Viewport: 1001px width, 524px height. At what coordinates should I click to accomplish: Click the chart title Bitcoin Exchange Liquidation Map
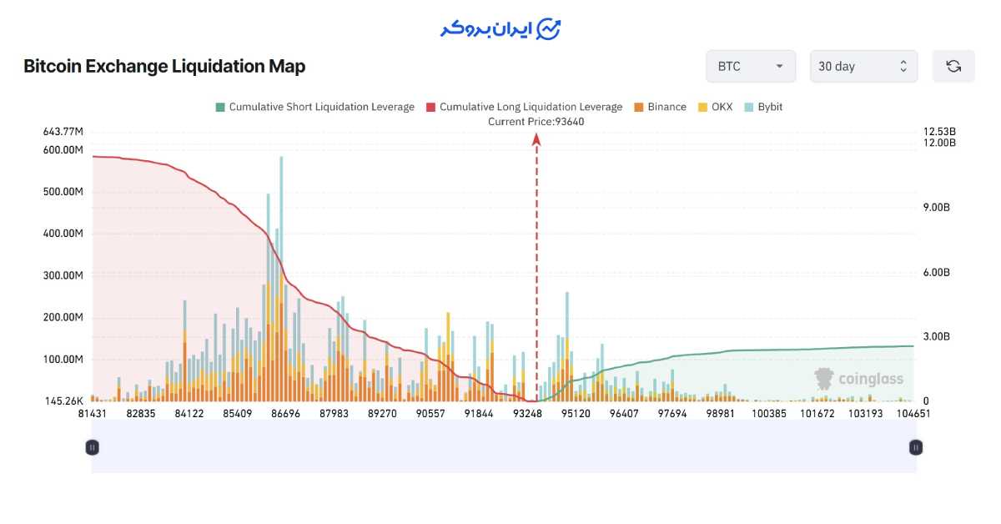click(x=164, y=67)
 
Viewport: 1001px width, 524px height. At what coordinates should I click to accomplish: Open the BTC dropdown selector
click(x=750, y=67)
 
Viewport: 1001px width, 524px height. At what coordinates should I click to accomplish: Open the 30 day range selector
click(x=863, y=67)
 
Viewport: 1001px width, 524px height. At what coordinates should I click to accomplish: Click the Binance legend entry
click(x=660, y=107)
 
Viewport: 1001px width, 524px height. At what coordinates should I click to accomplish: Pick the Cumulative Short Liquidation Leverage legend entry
click(x=314, y=107)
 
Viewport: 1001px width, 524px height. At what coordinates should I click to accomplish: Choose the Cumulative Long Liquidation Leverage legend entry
click(x=524, y=107)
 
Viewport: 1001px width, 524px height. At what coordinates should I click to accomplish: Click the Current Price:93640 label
click(x=536, y=121)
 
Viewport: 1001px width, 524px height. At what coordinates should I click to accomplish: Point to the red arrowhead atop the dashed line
click(x=536, y=139)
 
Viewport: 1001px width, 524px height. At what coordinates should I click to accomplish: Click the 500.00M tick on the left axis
click(x=63, y=192)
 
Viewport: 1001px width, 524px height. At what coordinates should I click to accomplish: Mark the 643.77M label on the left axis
click(x=63, y=132)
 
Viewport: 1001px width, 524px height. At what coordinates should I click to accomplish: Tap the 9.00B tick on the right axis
click(x=936, y=207)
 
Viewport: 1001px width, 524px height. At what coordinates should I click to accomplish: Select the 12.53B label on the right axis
click(x=939, y=132)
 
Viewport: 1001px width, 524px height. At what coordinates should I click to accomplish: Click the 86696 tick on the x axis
click(x=285, y=413)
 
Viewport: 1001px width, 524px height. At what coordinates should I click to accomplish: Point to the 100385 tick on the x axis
click(x=770, y=413)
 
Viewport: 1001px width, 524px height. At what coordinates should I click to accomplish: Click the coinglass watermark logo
click(x=859, y=379)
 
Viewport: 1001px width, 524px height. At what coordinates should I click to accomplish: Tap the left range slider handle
click(x=93, y=447)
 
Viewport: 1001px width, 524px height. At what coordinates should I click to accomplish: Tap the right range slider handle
click(x=915, y=447)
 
